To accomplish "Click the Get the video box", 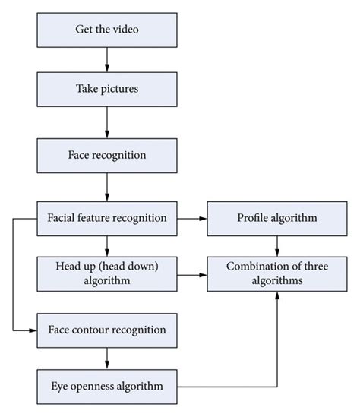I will point(107,31).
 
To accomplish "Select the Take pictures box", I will point(107,88).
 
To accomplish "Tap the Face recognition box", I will point(107,156).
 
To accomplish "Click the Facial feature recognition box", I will point(107,218).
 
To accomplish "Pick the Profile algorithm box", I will point(276,218).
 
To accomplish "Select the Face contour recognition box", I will point(107,330).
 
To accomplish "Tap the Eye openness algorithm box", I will point(107,387).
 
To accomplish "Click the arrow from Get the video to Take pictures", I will point(107,59).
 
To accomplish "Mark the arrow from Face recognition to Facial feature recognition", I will point(107,187).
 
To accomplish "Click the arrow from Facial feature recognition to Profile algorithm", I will point(193,218).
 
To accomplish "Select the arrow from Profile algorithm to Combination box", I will point(276,245).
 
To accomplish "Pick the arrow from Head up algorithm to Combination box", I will point(193,274).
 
